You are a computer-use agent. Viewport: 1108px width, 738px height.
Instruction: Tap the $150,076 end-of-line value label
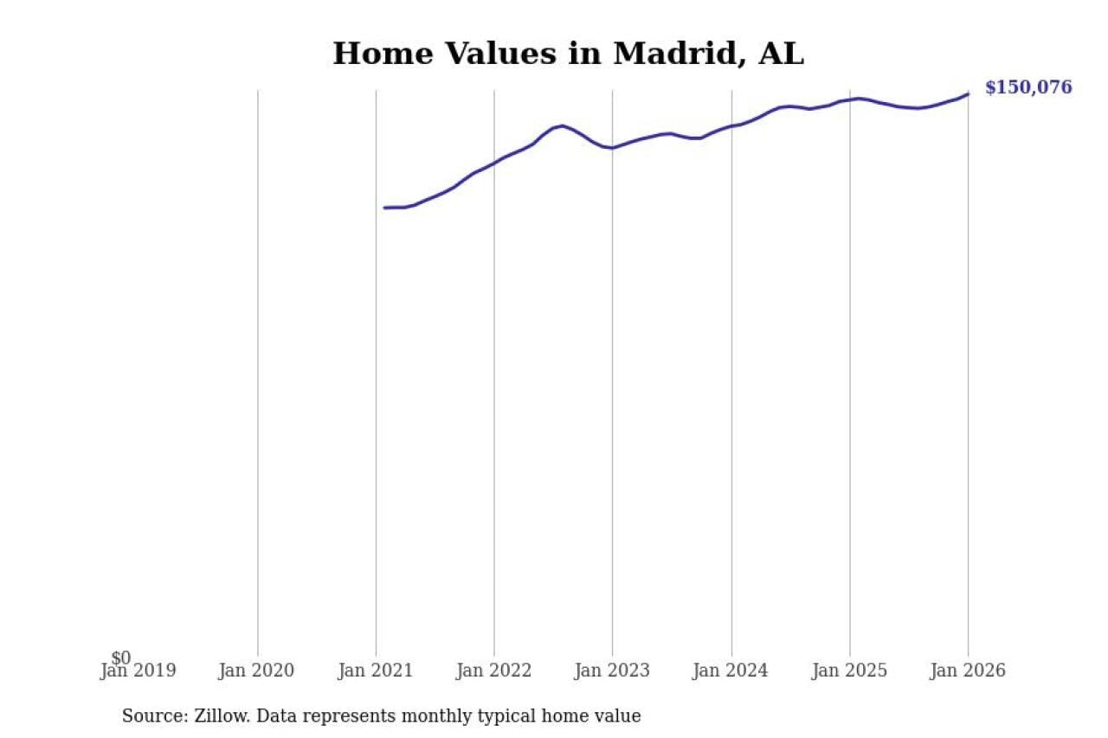pyautogui.click(x=1028, y=87)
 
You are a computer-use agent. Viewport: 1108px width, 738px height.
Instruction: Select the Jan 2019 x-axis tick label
pyautogui.click(x=138, y=671)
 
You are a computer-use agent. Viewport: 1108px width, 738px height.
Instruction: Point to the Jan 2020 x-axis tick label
pyautogui.click(x=256, y=671)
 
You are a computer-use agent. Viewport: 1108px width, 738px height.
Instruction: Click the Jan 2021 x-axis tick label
pyautogui.click(x=376, y=671)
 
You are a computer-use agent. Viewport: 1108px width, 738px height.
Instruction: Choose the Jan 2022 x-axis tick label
pyautogui.click(x=493, y=671)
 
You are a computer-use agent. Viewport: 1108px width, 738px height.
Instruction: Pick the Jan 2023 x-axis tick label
pyautogui.click(x=612, y=671)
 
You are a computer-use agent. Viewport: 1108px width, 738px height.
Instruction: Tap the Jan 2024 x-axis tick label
pyautogui.click(x=731, y=671)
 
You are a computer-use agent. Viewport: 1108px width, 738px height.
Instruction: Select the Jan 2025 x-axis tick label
pyautogui.click(x=849, y=671)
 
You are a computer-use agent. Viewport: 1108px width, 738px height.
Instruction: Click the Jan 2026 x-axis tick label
pyautogui.click(x=968, y=671)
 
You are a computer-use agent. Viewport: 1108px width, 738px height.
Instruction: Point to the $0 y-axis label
pyautogui.click(x=121, y=658)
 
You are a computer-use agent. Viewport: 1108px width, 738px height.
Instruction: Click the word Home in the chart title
pyautogui.click(x=383, y=55)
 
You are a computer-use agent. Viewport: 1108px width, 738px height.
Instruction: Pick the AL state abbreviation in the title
pyautogui.click(x=781, y=55)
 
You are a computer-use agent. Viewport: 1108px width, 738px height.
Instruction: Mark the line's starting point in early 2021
pyautogui.click(x=385, y=208)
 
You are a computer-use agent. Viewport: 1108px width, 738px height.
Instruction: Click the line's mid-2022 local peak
pyautogui.click(x=563, y=125)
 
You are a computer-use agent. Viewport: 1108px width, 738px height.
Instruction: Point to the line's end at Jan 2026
pyautogui.click(x=968, y=93)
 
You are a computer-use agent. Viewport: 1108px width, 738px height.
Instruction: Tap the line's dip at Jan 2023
pyautogui.click(x=612, y=148)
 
